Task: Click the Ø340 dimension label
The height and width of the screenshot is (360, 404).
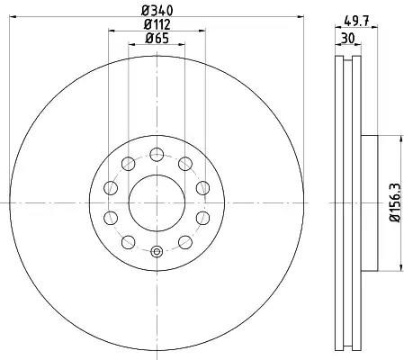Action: [x=157, y=11]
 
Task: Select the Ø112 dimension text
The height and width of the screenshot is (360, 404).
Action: [x=157, y=24]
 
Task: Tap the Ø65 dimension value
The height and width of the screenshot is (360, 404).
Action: [x=157, y=38]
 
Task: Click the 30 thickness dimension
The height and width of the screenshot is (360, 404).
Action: [x=348, y=39]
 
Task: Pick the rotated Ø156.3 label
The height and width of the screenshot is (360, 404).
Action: [x=395, y=202]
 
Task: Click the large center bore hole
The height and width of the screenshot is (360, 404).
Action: [x=157, y=203]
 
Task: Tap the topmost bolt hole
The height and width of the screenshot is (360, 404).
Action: [x=157, y=155]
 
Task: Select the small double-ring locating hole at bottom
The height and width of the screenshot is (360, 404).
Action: [x=157, y=252]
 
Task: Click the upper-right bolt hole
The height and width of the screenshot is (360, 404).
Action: [x=185, y=164]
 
